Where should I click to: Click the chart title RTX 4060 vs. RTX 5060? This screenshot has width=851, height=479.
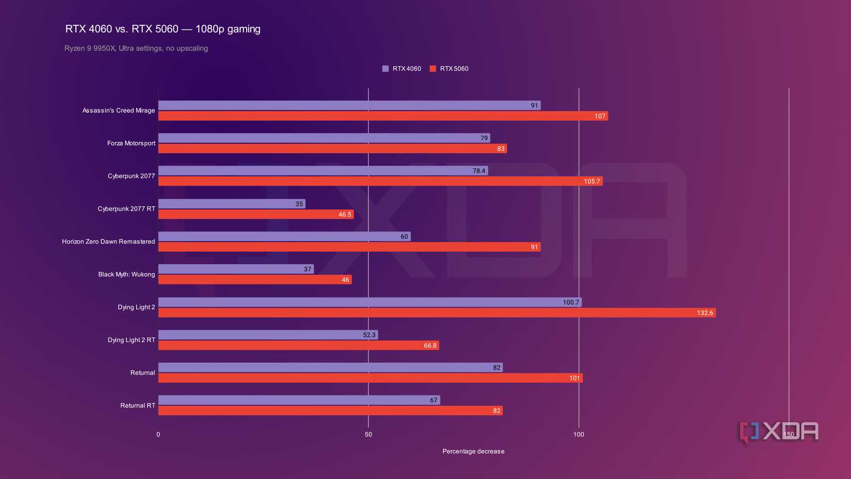[162, 29]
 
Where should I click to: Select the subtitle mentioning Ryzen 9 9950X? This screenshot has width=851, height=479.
[136, 48]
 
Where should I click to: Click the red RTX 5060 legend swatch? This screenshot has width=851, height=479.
[433, 69]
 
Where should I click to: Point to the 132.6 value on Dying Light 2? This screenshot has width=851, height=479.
[705, 313]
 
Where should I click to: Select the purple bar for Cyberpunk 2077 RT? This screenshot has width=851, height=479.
[231, 204]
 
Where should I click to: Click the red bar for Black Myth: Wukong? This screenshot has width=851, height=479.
[254, 279]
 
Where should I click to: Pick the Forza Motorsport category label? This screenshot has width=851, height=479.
[131, 143]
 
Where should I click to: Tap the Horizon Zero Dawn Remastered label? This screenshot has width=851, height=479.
[108, 241]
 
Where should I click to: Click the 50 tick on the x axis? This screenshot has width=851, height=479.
[368, 435]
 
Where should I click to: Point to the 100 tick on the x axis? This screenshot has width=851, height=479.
[579, 435]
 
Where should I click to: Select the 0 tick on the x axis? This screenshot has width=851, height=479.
[158, 435]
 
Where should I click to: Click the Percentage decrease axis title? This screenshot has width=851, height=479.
[473, 451]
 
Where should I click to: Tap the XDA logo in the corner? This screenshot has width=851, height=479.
[779, 432]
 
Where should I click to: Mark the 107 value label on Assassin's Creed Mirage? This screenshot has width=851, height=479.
[599, 116]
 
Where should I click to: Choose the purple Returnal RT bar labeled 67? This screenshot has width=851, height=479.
[299, 400]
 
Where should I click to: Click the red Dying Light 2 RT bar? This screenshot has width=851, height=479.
[298, 345]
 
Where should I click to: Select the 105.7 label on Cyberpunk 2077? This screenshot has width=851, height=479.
[592, 181]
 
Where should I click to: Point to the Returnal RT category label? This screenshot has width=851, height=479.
[138, 405]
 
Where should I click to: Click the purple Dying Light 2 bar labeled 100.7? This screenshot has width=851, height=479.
[369, 302]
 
